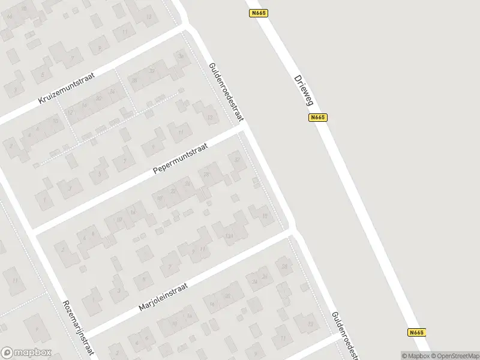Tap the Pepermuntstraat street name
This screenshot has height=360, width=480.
pos(180,158)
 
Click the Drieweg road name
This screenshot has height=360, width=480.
pos(304,90)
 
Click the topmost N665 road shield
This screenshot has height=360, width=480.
pos(259,12)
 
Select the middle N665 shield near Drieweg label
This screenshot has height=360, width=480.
pos(318,118)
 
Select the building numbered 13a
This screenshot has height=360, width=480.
pos(228,236)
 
